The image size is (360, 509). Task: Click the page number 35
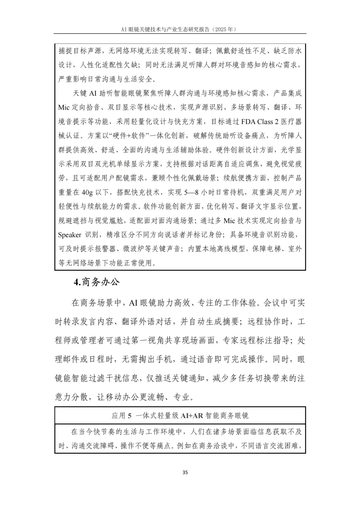185,472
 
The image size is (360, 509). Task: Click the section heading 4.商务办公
96,282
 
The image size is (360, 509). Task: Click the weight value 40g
87,192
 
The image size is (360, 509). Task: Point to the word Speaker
69,235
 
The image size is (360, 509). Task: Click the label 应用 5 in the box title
121,415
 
